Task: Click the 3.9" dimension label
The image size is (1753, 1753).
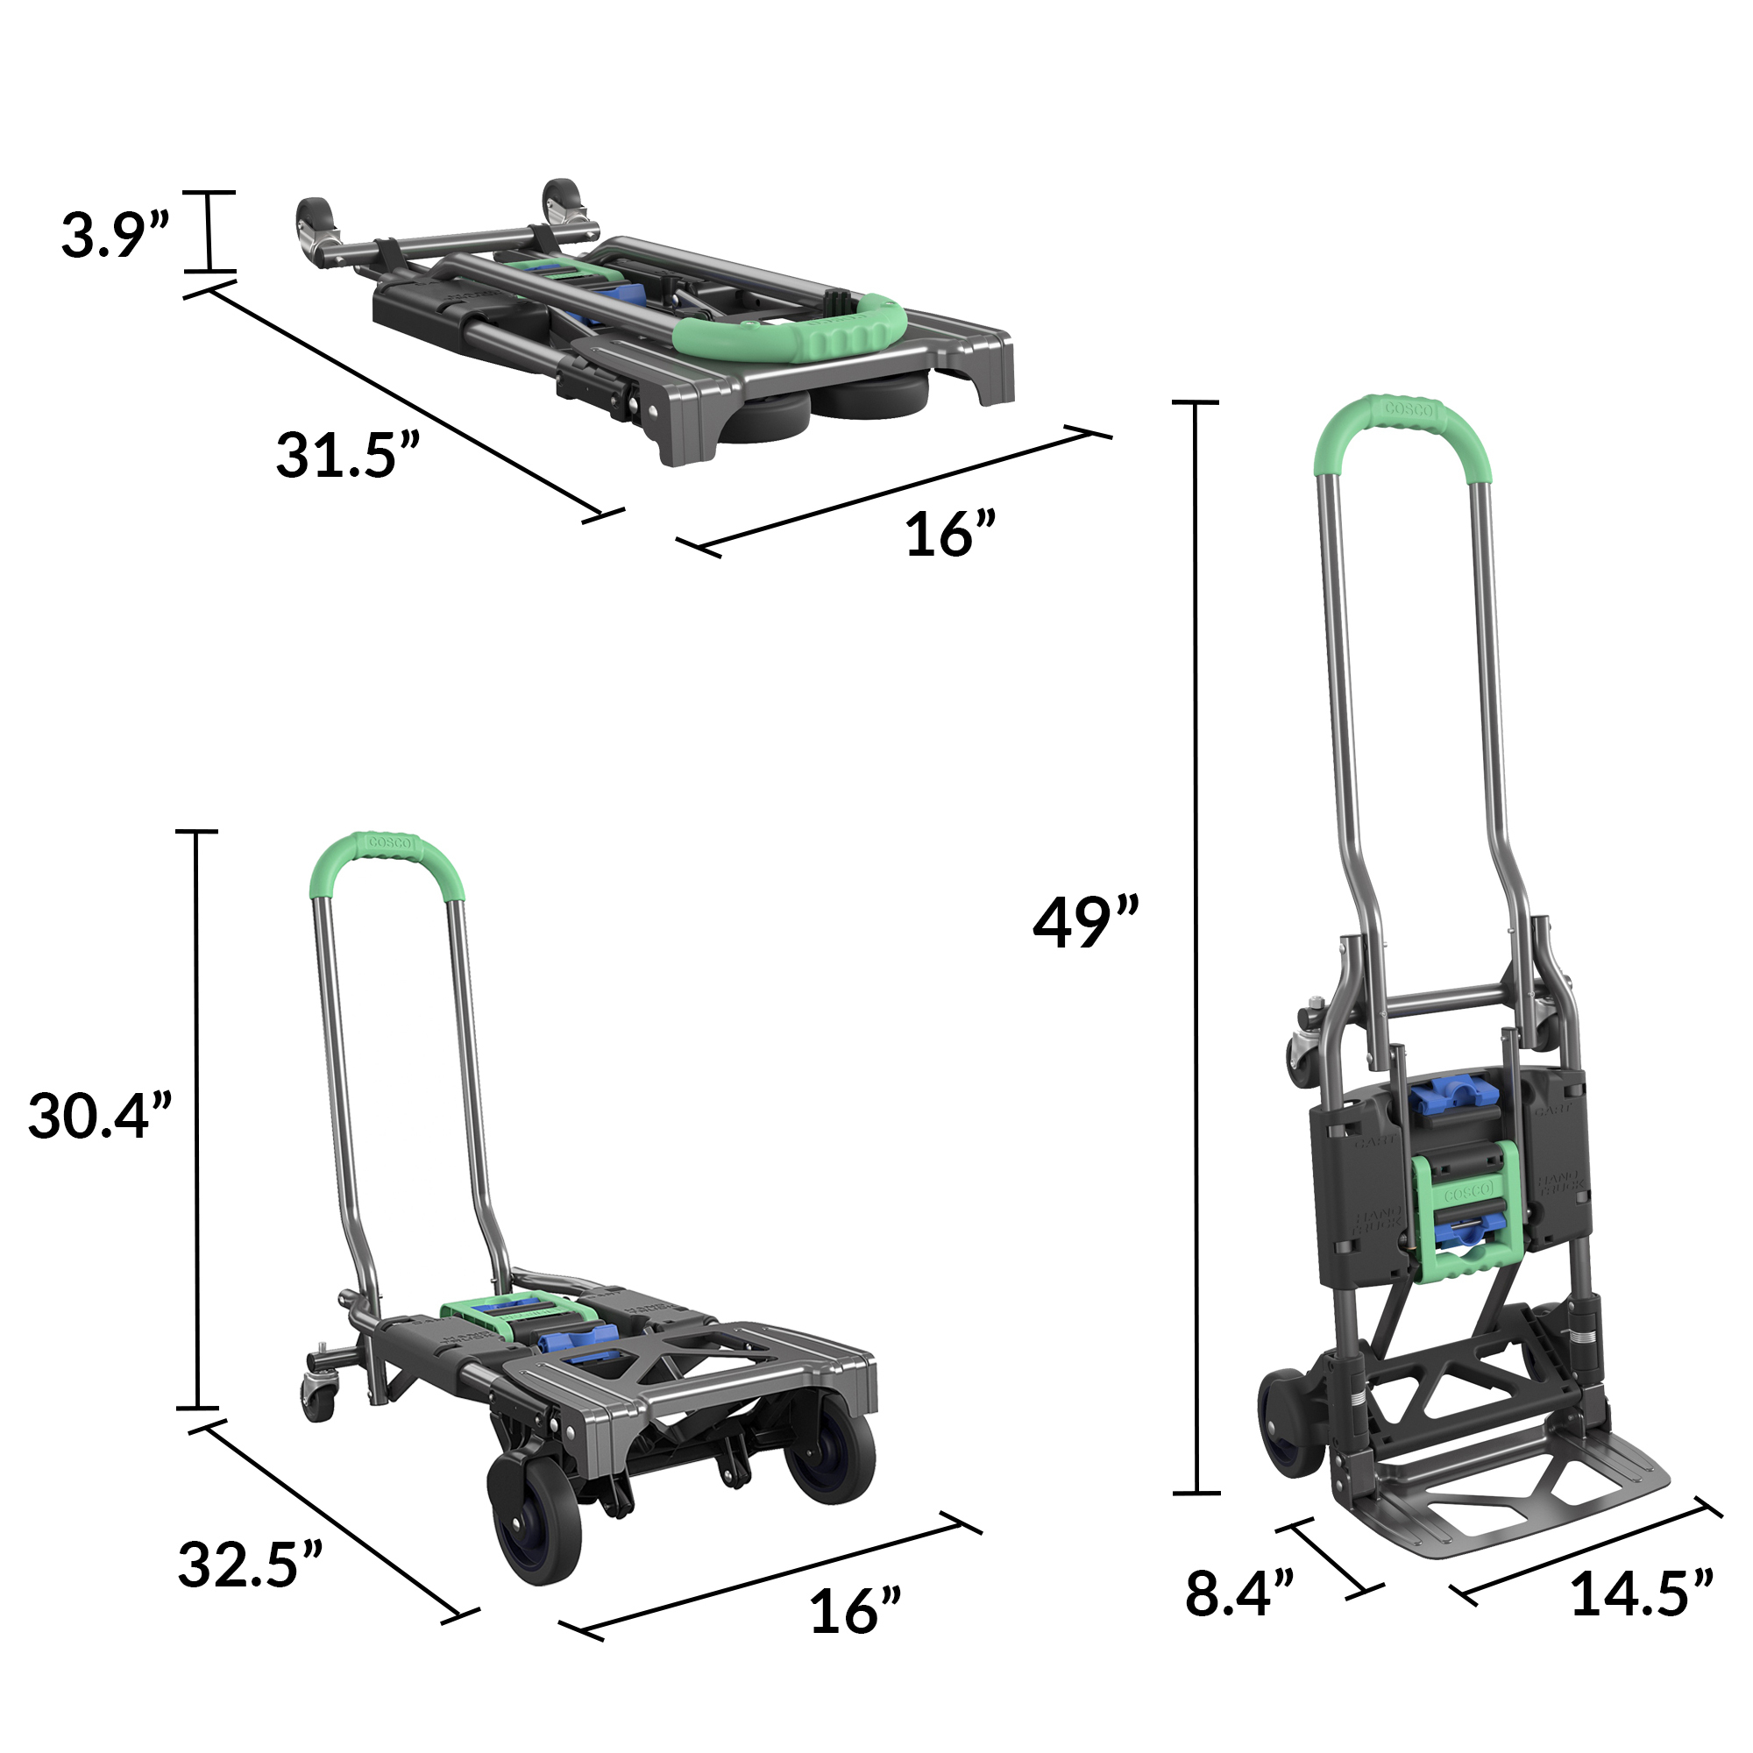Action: [115, 234]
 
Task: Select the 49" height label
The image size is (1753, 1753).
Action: [1086, 923]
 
